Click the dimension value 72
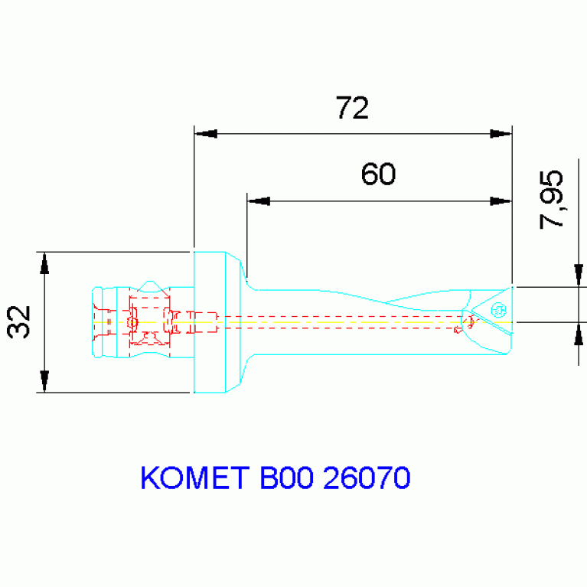tap(352, 108)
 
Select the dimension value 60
tap(378, 174)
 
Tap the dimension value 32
tap(19, 321)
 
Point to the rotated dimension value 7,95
tap(552, 199)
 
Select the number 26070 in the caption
tap(367, 478)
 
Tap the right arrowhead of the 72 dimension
tap(501, 134)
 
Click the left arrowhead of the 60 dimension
tap(258, 201)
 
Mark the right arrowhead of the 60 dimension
tap(501, 201)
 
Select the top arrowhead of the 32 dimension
tap(44, 263)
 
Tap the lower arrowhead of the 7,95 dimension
tap(579, 334)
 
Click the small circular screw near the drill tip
tap(499, 310)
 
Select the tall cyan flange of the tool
tap(209, 321)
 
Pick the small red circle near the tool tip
tap(458, 331)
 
